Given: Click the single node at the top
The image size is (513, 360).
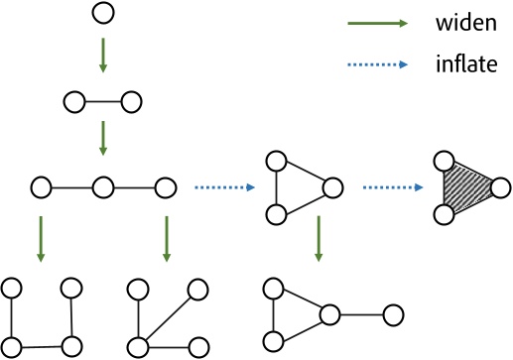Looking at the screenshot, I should [102, 14].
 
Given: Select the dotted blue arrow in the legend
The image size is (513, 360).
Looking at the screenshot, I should [378, 65].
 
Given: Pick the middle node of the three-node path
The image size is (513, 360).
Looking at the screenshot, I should [102, 185].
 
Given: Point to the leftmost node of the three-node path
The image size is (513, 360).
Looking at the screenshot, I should [41, 185].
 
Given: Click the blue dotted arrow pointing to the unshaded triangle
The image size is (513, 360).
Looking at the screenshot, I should [219, 185].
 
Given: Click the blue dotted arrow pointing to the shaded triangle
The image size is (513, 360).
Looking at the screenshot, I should [390, 185].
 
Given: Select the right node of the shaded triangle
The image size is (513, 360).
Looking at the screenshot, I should [500, 185].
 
